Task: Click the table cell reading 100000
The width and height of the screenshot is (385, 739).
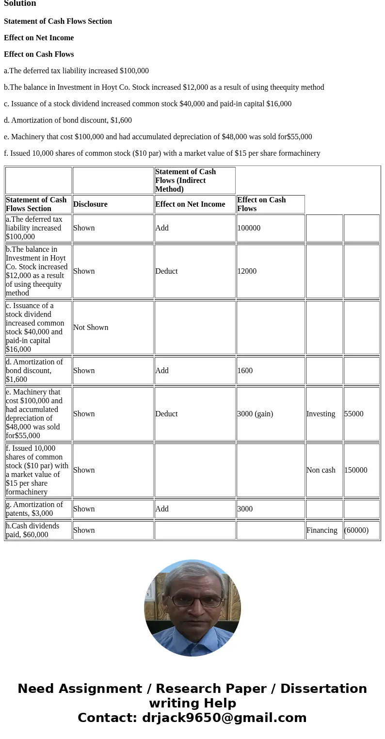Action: [249, 228]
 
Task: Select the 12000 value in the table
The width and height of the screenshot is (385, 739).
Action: [247, 271]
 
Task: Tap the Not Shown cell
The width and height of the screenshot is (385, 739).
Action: [91, 328]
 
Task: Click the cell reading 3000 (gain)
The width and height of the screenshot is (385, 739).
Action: [255, 414]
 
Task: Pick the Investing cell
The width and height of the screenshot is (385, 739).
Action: [321, 414]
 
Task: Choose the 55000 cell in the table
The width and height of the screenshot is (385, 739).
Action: [353, 414]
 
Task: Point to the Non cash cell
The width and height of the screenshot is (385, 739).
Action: [321, 470]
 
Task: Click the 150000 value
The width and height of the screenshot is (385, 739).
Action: [355, 470]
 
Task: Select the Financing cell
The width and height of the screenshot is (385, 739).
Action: [321, 530]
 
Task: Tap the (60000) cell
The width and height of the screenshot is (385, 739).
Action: [356, 530]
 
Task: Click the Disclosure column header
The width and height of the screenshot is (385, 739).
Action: [90, 204]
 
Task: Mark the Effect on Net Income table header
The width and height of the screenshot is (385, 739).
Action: [190, 204]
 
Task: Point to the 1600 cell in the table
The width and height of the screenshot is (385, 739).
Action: [245, 371]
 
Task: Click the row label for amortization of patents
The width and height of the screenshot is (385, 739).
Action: [34, 509]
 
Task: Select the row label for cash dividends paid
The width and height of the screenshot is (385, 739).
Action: [32, 530]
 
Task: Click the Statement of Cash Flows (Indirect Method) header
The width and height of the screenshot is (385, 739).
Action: [186, 181]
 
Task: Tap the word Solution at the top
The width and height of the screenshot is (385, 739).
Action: [20, 4]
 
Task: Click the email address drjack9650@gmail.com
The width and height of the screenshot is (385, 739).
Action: [224, 718]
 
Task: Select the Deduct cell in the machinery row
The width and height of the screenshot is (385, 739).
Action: [166, 414]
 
